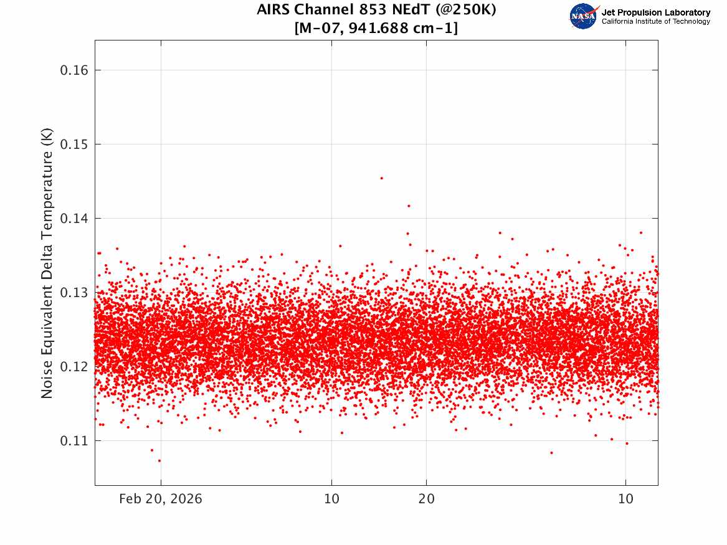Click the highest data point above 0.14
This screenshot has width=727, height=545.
click(381, 178)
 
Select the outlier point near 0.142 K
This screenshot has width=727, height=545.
click(409, 206)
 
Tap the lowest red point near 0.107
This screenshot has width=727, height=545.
click(159, 461)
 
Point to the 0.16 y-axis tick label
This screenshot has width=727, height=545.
click(73, 70)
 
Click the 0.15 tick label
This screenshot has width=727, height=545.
click(73, 145)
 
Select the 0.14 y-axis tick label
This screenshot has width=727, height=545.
click(73, 219)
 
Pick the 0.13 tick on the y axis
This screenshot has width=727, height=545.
click(73, 293)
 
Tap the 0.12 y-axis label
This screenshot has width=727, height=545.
click(73, 367)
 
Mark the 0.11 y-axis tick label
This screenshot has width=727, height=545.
click(73, 441)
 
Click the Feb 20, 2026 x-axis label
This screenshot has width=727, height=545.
click(161, 499)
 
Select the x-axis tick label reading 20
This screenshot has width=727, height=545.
click(426, 499)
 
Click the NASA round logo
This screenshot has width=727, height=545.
click(584, 16)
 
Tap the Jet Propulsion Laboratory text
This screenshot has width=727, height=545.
click(655, 12)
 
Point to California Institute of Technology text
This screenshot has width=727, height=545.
click(655, 22)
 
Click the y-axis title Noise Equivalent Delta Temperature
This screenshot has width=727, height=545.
click(47, 263)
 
